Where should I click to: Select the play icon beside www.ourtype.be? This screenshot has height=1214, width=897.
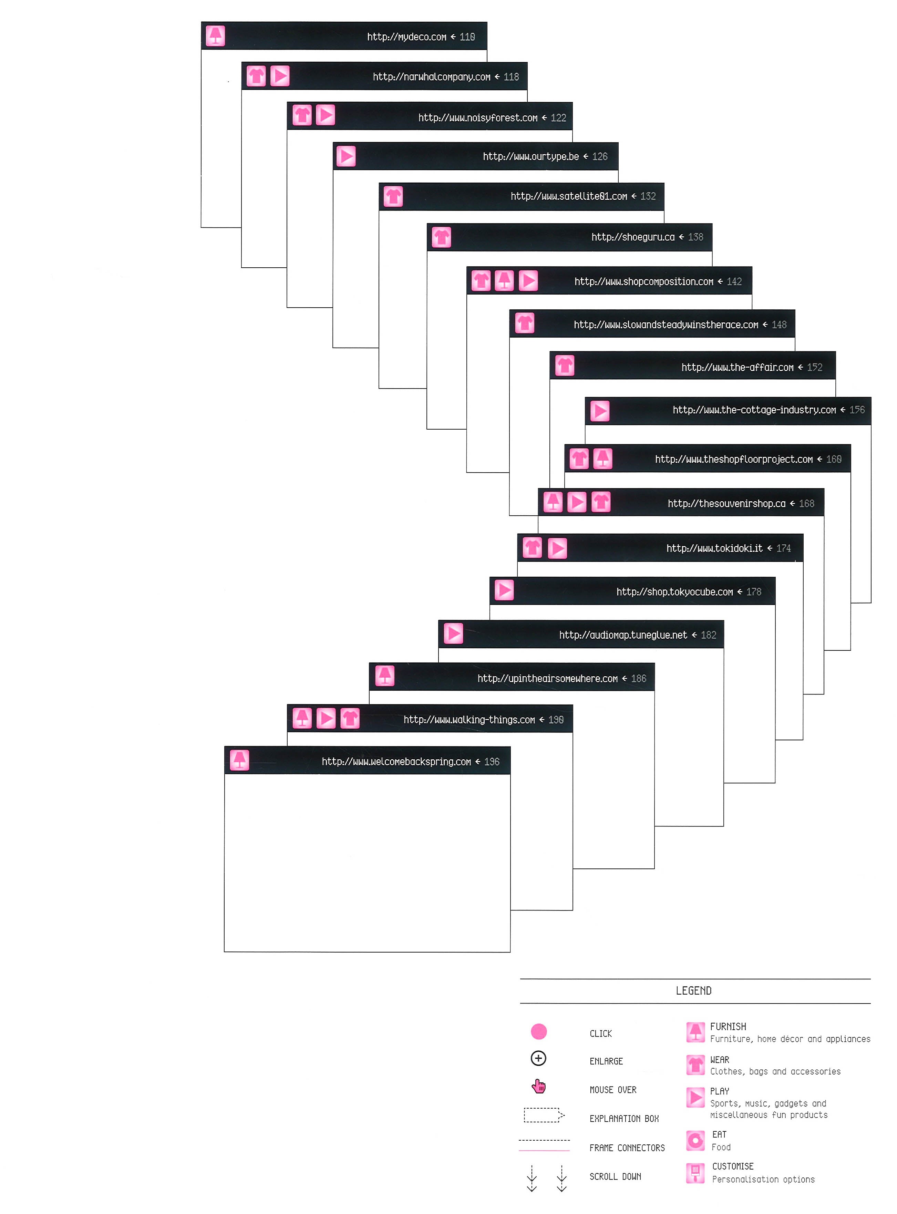346,156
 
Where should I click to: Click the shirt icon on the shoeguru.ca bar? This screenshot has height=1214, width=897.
442,237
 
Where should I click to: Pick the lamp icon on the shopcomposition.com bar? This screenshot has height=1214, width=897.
504,281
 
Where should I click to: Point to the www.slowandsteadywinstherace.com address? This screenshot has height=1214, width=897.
666,325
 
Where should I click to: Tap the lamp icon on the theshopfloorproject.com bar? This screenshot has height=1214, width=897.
602,459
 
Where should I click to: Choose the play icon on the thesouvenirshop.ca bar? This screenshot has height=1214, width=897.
577,502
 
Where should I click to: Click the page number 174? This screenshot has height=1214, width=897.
784,548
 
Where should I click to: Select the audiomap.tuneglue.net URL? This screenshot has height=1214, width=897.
623,635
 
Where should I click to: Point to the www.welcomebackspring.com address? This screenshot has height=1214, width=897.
396,762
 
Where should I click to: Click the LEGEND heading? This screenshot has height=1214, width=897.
693,991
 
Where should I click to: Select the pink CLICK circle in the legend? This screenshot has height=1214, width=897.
539,1031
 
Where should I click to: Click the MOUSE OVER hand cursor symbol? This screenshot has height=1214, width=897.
539,1087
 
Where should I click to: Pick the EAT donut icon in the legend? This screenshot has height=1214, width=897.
695,1141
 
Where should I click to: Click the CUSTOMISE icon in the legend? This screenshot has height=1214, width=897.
695,1173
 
